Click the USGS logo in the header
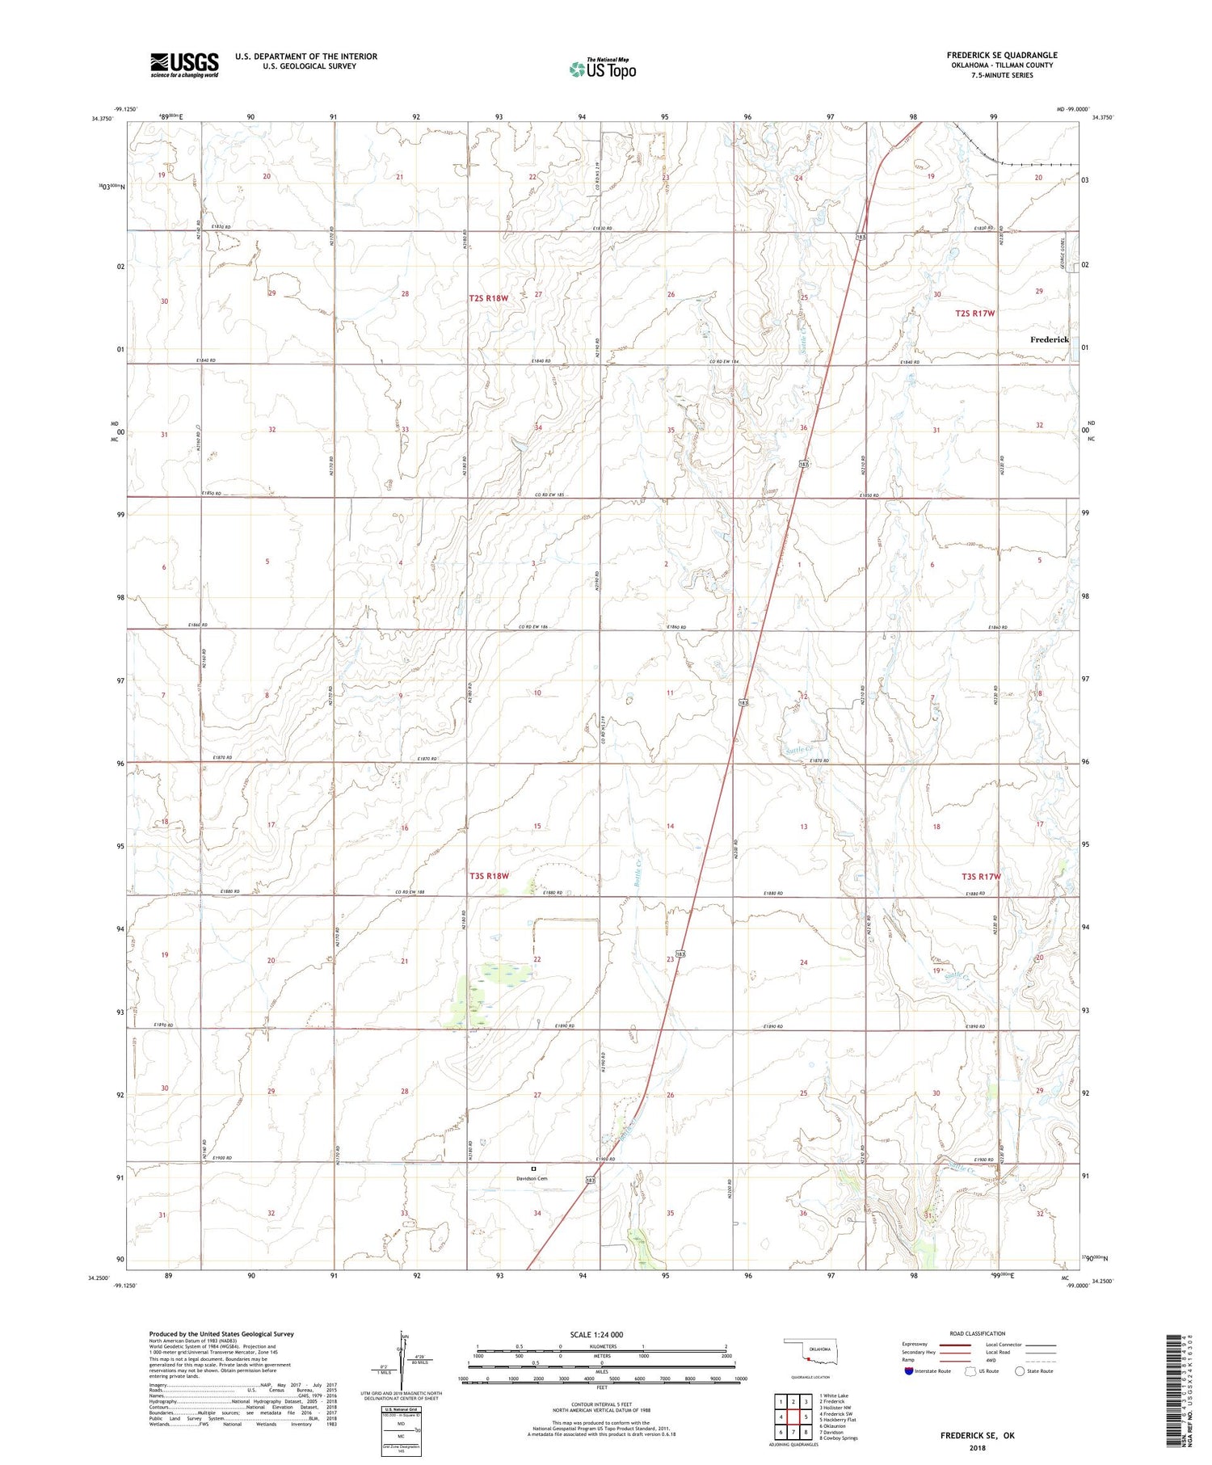coord(184,65)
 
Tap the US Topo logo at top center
coord(602,69)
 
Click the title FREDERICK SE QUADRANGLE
coord(1002,56)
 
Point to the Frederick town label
coord(1049,340)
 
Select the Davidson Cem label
coord(532,1178)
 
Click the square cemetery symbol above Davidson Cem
coord(533,1168)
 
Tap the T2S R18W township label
coord(489,298)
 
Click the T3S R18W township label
coord(489,876)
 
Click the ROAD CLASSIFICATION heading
coord(978,1333)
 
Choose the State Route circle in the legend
coord(1021,1371)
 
